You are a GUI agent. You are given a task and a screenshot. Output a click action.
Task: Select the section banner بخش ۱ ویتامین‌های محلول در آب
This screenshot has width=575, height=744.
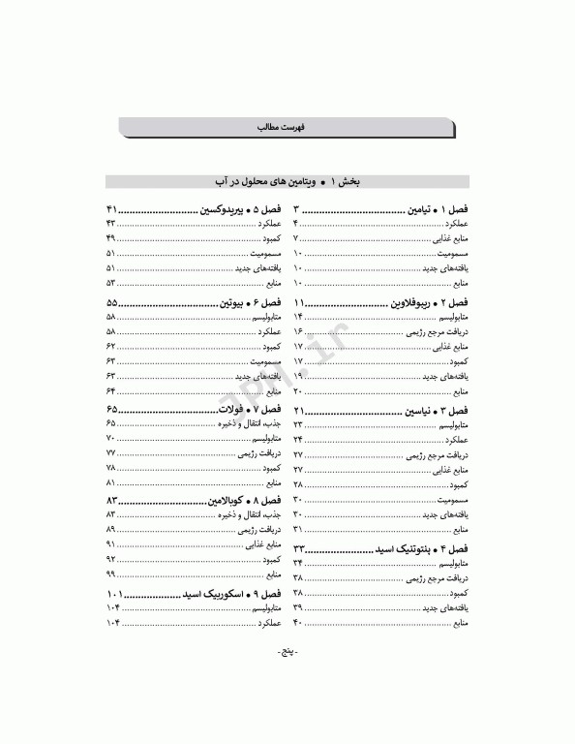[x=287, y=181]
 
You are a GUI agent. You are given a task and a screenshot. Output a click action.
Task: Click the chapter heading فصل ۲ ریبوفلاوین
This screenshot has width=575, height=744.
[x=427, y=303]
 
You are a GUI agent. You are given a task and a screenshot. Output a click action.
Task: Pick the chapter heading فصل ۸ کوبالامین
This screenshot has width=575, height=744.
[x=243, y=501]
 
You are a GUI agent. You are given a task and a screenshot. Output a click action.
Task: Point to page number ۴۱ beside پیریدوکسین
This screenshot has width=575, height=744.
[x=111, y=209]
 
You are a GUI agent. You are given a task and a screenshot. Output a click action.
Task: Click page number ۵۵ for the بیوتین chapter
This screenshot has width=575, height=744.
[x=111, y=303]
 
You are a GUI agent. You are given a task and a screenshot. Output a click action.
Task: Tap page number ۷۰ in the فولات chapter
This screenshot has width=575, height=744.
[x=110, y=439]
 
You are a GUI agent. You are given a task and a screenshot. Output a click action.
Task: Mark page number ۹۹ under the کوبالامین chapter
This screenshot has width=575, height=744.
[x=110, y=574]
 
